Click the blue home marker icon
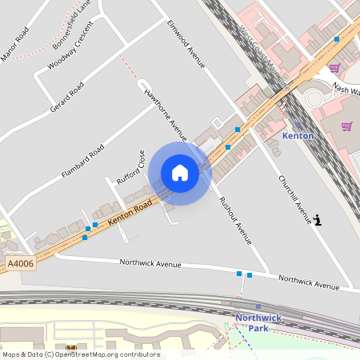tap(180, 173)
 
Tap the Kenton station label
tap(298, 136)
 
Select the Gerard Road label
tap(66, 96)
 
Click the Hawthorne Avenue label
tap(165, 114)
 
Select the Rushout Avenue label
tap(234, 219)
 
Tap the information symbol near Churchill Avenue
tap(319, 219)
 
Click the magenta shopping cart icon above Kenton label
tap(346, 126)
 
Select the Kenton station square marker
tap(298, 125)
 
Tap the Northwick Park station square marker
tap(258, 306)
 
